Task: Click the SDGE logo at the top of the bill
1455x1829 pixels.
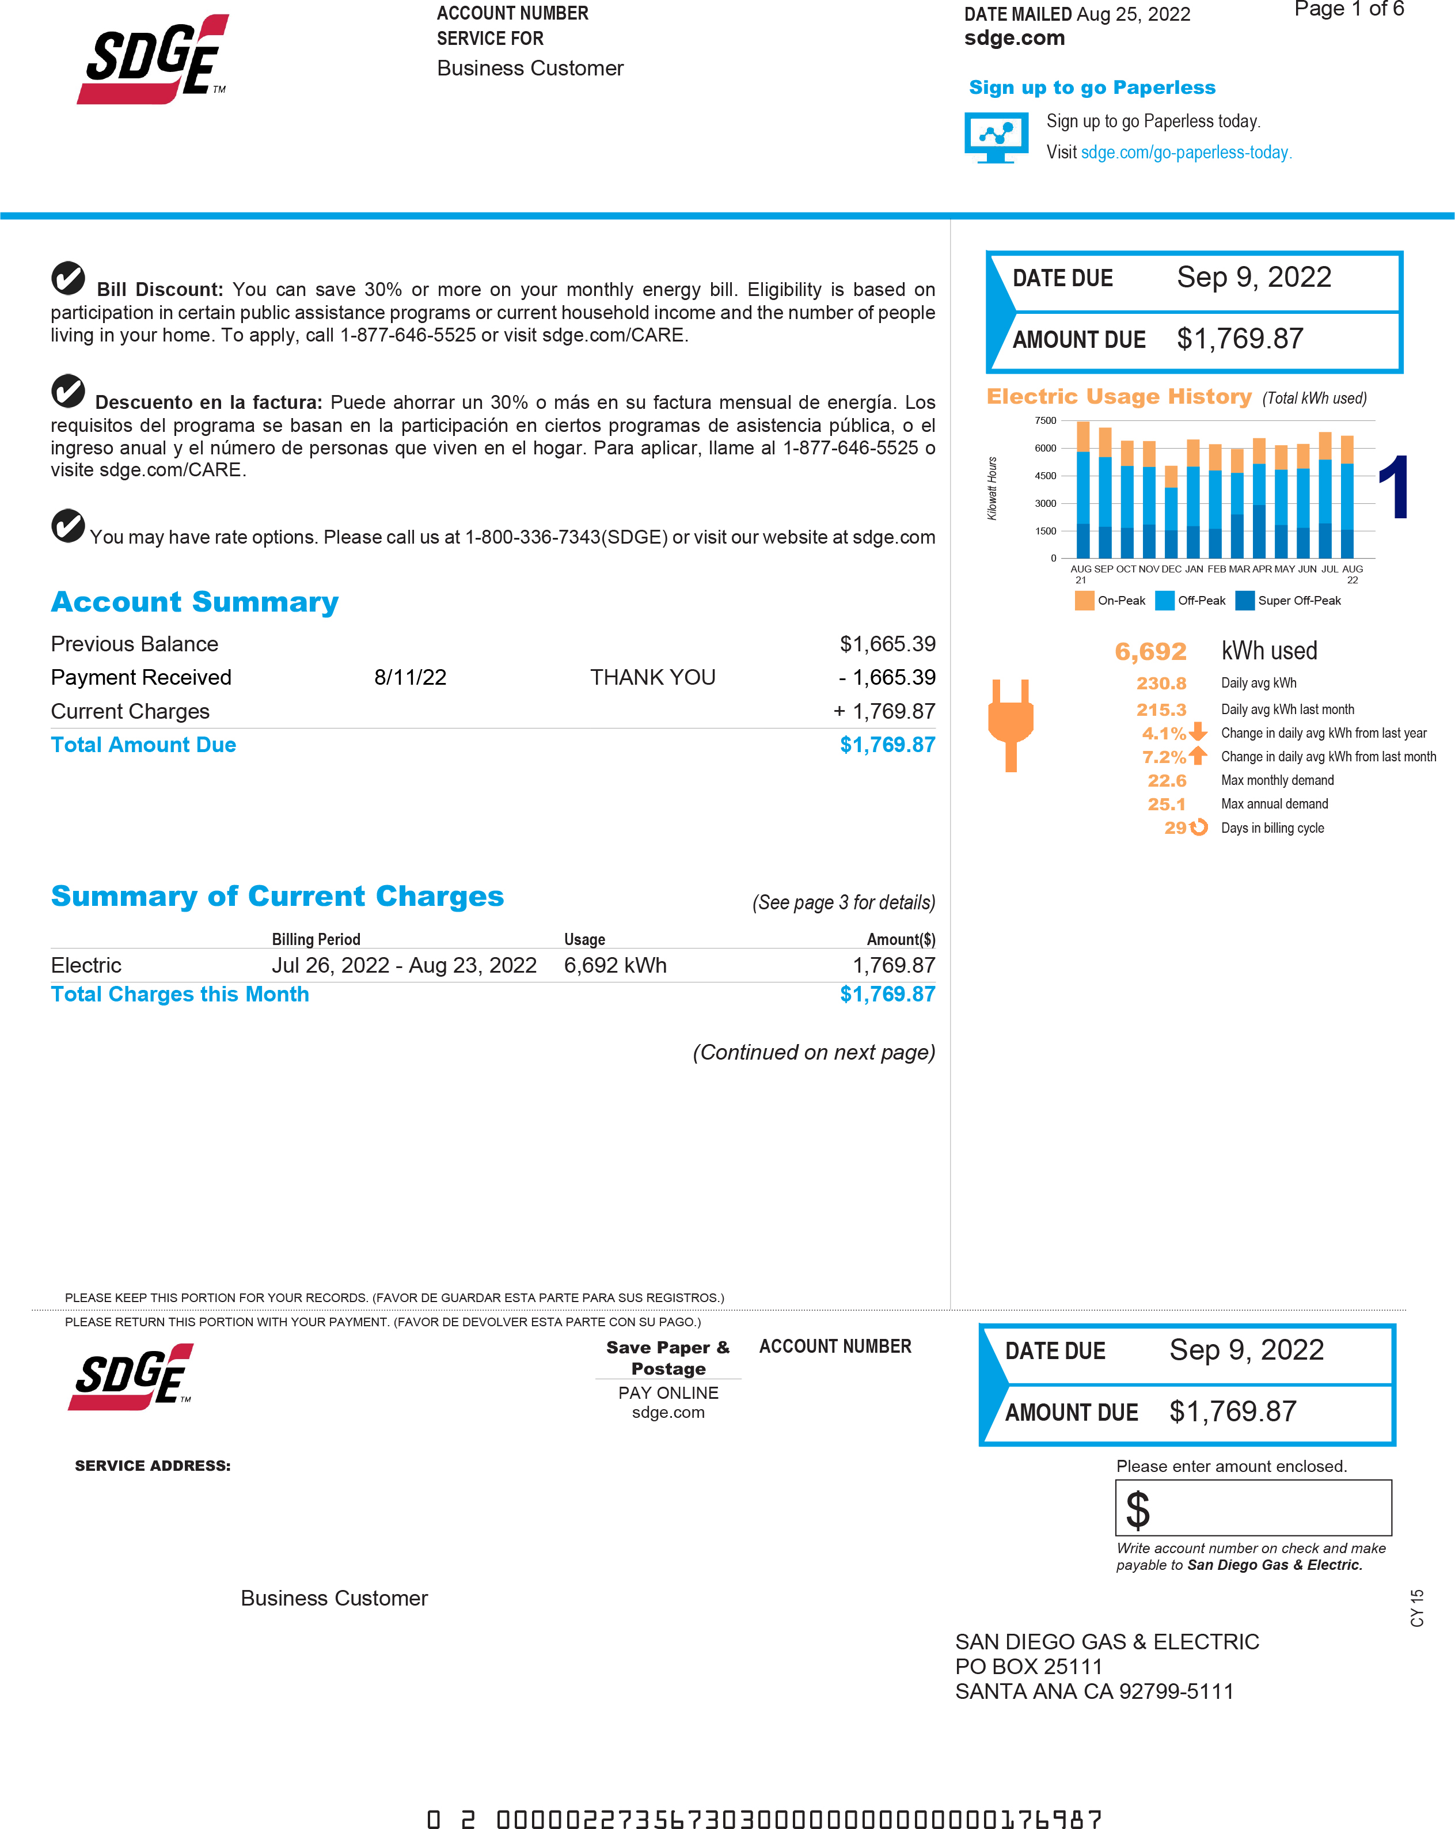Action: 154,59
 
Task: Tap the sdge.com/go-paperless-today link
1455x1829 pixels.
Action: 1185,153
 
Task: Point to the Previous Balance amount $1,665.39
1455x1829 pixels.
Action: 887,644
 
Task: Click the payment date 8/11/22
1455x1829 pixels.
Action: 410,677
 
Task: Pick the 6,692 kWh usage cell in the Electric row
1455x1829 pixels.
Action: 615,965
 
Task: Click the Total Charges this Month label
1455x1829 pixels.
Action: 180,994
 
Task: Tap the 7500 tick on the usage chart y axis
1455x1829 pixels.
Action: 1045,421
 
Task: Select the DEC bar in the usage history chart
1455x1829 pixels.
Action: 1171,511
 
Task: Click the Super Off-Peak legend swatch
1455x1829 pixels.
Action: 1245,601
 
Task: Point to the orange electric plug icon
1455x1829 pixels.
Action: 1010,724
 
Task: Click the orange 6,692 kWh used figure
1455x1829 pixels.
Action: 1150,651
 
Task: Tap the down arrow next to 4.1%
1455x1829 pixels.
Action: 1198,732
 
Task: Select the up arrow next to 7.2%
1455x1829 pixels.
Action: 1198,755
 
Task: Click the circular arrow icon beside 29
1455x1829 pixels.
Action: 1198,827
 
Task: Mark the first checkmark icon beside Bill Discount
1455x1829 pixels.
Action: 68,278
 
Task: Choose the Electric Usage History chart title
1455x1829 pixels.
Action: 1118,397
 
